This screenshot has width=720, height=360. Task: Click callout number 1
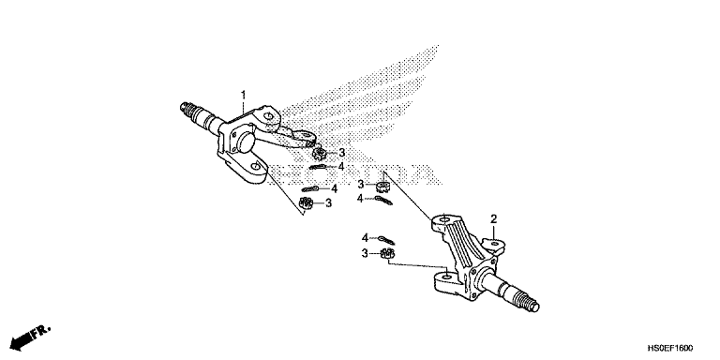(244, 95)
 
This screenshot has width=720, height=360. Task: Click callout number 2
(494, 218)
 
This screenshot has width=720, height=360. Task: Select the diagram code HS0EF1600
(670, 348)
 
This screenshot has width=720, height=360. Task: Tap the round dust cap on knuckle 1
(246, 142)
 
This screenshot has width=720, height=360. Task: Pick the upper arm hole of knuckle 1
(268, 114)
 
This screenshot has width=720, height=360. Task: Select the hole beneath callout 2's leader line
(495, 244)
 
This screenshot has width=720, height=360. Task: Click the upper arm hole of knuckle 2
(443, 220)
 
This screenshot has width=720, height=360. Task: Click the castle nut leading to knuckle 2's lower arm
(387, 253)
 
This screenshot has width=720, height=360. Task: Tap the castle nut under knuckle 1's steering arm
(318, 153)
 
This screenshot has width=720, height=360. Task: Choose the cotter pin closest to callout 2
(386, 240)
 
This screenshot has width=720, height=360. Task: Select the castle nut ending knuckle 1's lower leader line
(306, 202)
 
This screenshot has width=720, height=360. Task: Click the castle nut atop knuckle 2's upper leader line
(382, 187)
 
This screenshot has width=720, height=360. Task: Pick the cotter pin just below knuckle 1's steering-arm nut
(319, 167)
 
